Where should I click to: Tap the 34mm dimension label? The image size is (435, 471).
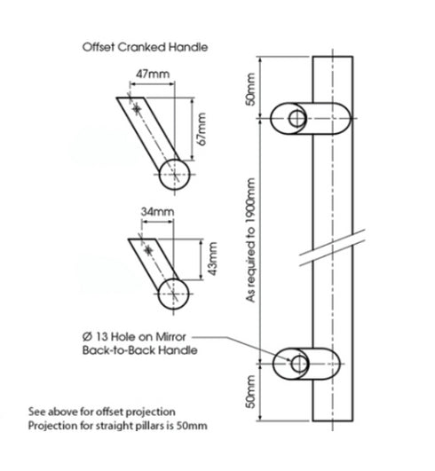(x=157, y=213)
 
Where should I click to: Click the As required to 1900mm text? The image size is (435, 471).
(x=252, y=239)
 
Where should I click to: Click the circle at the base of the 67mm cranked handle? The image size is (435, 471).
(x=175, y=172)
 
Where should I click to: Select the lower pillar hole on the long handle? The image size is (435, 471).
(x=297, y=365)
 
